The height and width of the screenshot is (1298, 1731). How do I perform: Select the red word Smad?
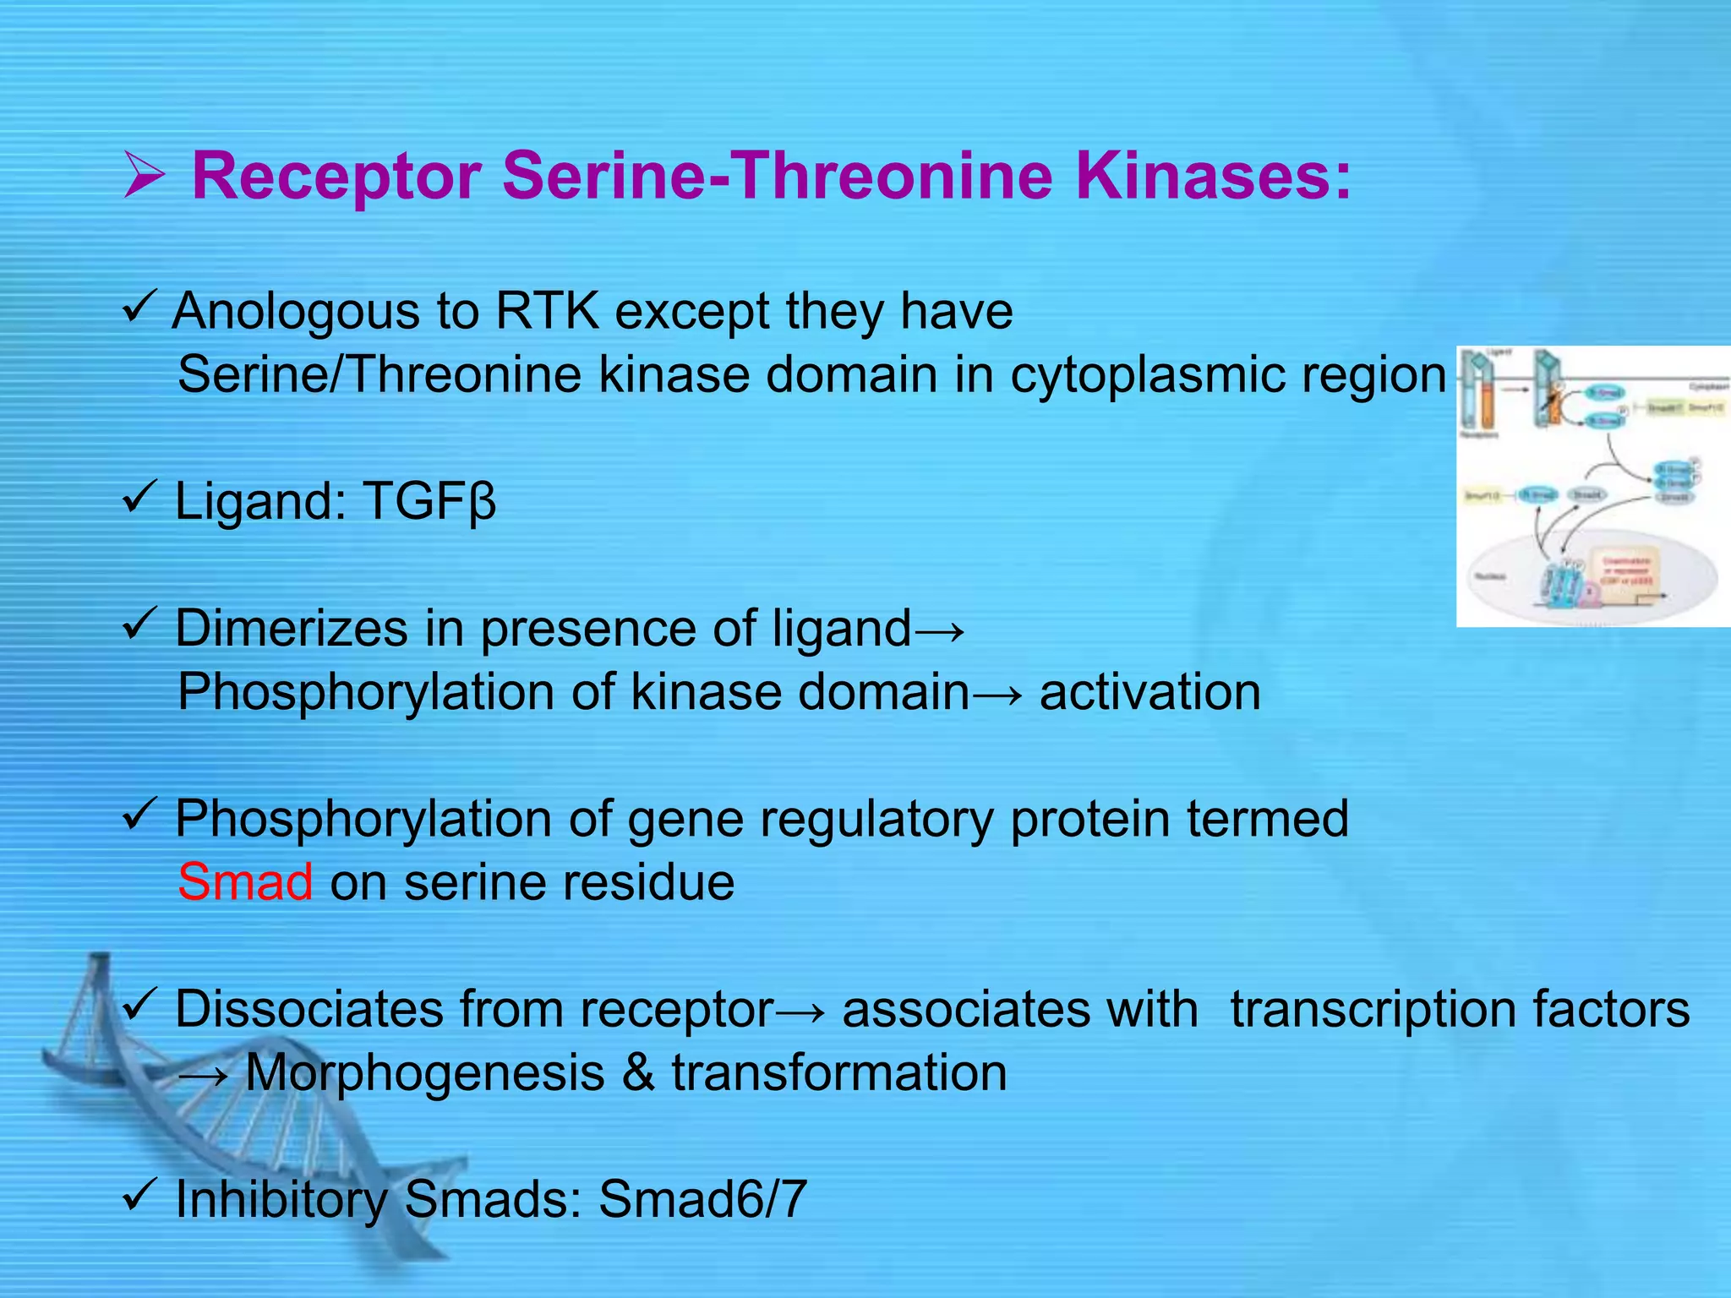(245, 882)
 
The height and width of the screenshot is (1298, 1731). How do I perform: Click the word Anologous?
(296, 312)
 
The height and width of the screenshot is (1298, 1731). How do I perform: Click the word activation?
(1149, 692)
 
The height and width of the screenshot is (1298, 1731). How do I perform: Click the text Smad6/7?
(702, 1199)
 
